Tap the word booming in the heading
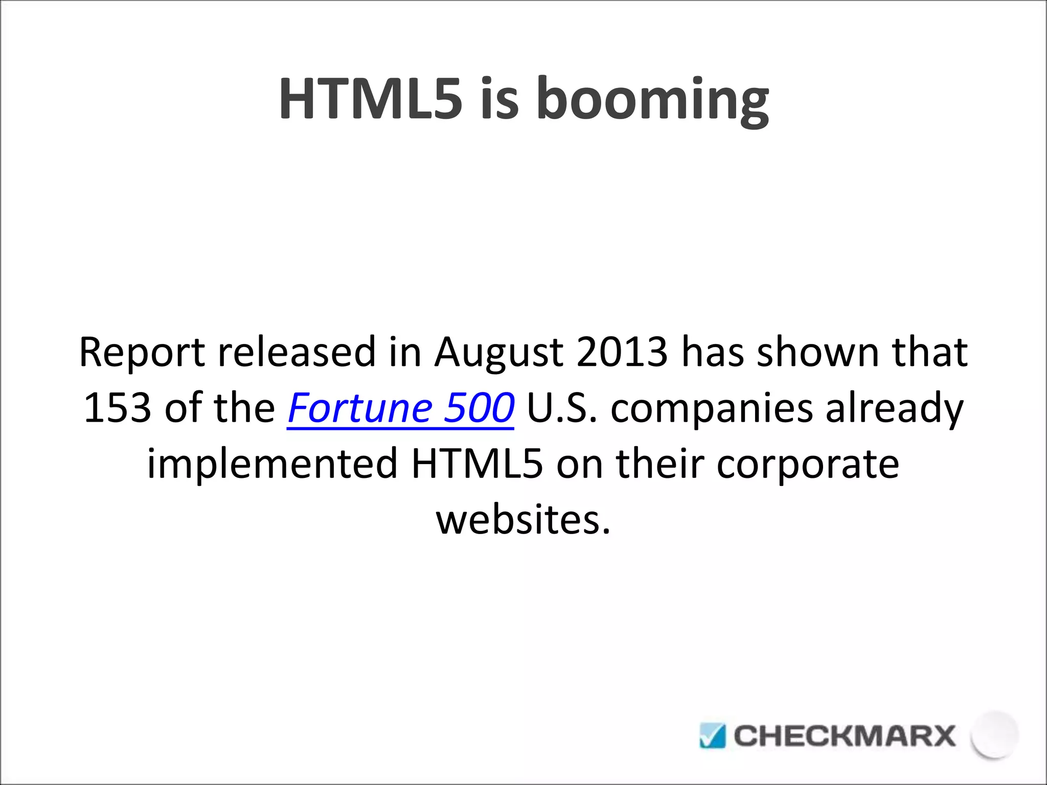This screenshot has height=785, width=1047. (x=652, y=100)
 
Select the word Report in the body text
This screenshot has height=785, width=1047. (x=142, y=353)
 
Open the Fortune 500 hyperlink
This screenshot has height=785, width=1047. (x=401, y=408)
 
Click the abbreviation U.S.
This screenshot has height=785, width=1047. (x=561, y=408)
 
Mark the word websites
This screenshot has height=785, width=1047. (x=523, y=519)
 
